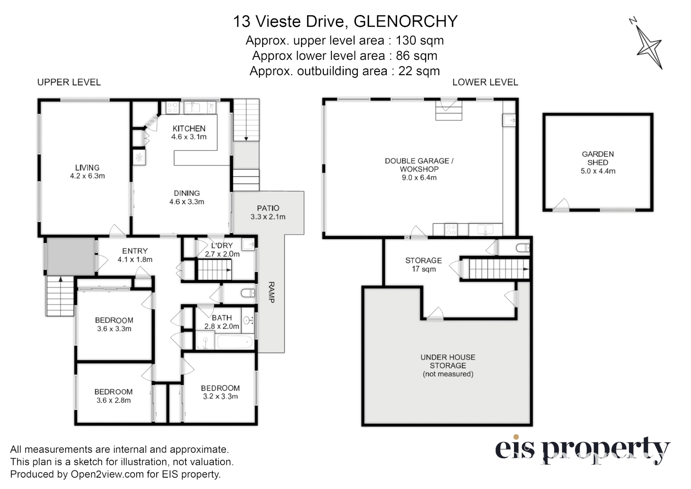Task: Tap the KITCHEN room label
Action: point(189,129)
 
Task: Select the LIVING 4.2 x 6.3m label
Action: point(87,172)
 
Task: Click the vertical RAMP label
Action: point(271,292)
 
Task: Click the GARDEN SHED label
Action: point(598,158)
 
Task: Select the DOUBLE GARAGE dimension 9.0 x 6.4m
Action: point(419,178)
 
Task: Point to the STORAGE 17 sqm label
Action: point(423,264)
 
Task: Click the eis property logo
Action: point(582,450)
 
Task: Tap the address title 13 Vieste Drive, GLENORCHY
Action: point(345,21)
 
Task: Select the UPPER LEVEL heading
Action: point(69,82)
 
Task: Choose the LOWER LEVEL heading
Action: point(485,82)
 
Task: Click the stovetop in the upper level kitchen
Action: point(172,107)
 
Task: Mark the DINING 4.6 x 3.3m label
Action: point(187,197)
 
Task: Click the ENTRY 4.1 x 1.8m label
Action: point(135,255)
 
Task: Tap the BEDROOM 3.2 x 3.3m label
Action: point(220,392)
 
